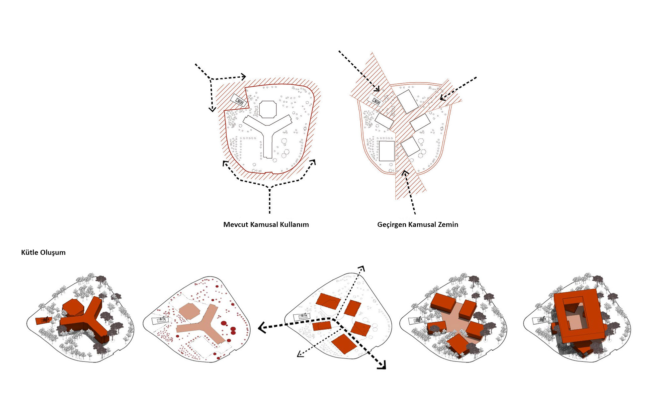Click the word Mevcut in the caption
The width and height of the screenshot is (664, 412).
[x=236, y=225]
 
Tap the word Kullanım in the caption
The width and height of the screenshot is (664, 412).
[x=294, y=225]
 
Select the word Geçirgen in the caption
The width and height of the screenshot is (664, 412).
[x=392, y=225]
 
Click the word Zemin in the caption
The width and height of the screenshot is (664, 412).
[x=448, y=225]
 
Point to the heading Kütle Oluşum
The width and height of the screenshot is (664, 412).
[x=43, y=253]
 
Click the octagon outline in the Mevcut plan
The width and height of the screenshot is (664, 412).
[x=268, y=101]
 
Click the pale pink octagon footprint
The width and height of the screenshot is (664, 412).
[x=190, y=311]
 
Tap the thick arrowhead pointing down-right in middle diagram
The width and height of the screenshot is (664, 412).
[x=382, y=365]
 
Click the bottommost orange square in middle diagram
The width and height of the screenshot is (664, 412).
[x=344, y=344]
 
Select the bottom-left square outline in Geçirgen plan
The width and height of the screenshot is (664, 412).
[x=387, y=151]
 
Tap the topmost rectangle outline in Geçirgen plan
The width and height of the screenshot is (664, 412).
[x=407, y=101]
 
